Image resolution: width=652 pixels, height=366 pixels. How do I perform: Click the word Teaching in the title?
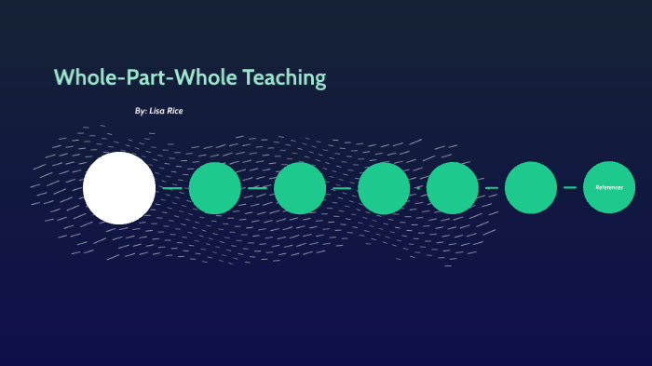tap(284, 78)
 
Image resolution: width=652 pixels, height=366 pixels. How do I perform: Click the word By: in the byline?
tap(141, 111)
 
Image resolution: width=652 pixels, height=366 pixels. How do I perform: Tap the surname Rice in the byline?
tap(176, 111)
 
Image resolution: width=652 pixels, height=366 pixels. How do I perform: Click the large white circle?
tap(119, 188)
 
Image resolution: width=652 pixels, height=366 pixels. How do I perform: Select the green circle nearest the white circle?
tap(215, 188)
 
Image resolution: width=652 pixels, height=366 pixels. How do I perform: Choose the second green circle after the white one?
tap(300, 188)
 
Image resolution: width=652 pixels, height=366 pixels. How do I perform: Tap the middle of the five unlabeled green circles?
tap(384, 188)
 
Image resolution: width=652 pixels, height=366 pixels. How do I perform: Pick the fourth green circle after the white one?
tap(453, 188)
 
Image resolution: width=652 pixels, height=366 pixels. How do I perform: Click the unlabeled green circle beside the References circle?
tap(531, 188)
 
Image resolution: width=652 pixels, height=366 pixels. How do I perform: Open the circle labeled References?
tap(609, 187)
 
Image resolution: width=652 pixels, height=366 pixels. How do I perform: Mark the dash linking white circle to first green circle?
tap(172, 188)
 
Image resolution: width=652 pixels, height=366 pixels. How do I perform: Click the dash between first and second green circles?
tap(257, 188)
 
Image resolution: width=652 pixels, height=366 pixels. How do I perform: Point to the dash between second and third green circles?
tap(342, 188)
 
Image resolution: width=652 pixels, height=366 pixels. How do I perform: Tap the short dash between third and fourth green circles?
tap(418, 188)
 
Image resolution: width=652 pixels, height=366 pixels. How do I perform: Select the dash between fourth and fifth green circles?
tap(491, 188)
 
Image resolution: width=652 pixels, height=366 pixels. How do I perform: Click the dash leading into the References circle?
tap(570, 187)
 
